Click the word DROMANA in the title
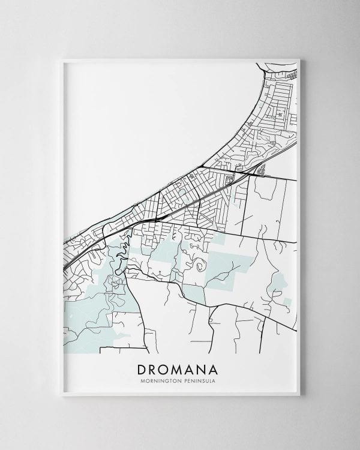tap(179, 368)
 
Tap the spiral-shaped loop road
tap(197, 265)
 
